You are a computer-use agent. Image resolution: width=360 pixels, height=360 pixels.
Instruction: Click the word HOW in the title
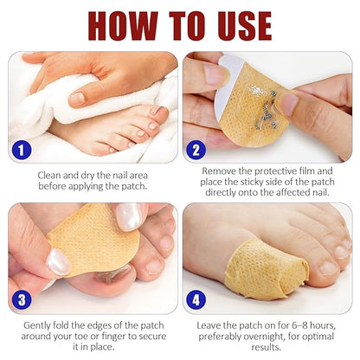pos(123,26)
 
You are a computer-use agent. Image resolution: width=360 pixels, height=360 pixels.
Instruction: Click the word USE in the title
pos(245,26)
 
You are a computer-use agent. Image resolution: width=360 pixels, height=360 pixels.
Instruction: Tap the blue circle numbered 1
pos(22,151)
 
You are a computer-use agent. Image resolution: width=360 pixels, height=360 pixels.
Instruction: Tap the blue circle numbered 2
pos(196,150)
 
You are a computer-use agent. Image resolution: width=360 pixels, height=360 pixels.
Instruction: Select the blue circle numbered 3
pos(22,299)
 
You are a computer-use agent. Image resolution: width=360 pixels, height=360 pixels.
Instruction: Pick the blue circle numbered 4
pos(196,299)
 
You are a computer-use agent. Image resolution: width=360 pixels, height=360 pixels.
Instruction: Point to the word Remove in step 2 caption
pos(215,170)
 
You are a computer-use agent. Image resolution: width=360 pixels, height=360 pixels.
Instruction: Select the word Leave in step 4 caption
pos(209,325)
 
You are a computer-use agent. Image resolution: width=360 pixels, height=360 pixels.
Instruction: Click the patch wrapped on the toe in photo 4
pos(266,269)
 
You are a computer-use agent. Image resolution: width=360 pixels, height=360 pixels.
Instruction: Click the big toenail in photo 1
pos(158,111)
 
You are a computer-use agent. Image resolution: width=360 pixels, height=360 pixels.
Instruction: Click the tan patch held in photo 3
pos(93,240)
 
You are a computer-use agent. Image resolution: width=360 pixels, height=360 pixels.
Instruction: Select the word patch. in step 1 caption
pos(134,186)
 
